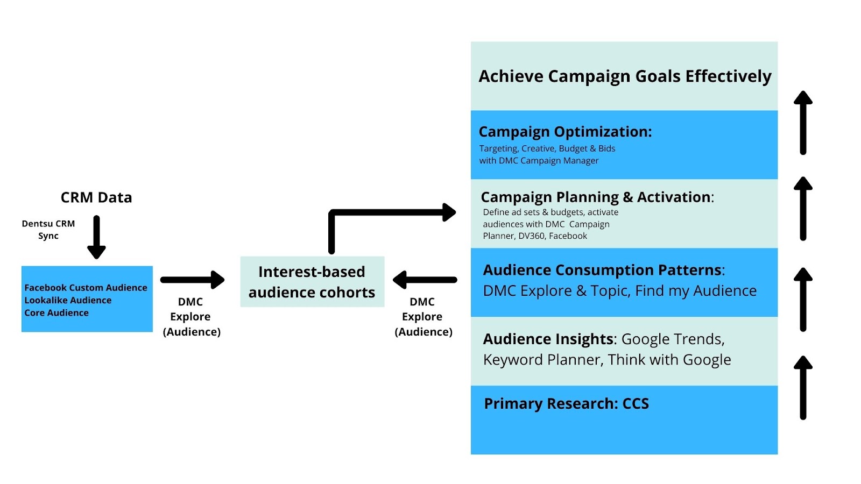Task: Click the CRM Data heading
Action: [x=96, y=197]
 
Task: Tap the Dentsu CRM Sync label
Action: [x=48, y=230]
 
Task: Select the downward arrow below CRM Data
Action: [x=96, y=237]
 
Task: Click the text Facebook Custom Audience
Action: [x=86, y=288]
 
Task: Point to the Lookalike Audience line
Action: [x=68, y=300]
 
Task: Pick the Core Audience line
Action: [x=57, y=312]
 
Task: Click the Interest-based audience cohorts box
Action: [x=312, y=282]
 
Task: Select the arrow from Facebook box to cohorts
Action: [x=193, y=280]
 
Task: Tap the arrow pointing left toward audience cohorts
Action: [x=425, y=280]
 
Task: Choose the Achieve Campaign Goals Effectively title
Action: [x=625, y=76]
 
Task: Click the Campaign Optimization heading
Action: [x=566, y=132]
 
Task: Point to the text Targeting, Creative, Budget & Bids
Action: [x=547, y=148]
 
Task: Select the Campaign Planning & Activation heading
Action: [x=597, y=197]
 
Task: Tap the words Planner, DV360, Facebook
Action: [x=535, y=236]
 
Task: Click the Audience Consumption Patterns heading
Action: [x=604, y=270]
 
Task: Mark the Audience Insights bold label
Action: [x=548, y=339]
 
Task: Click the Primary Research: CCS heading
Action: [x=567, y=404]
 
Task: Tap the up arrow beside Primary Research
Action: [x=803, y=388]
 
